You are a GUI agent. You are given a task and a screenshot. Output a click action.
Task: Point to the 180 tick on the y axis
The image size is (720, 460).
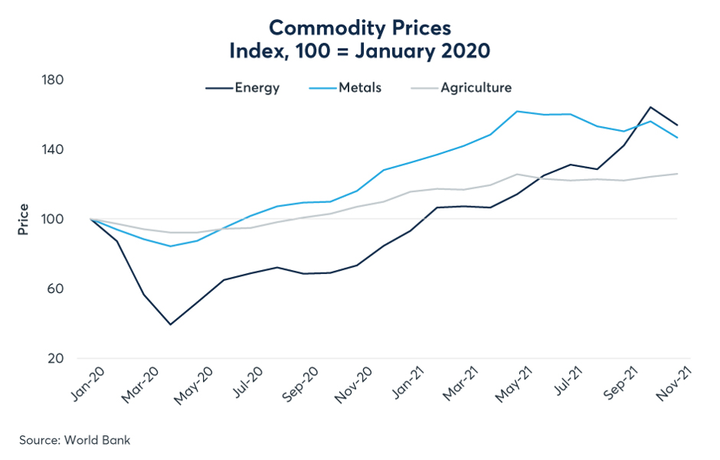(x=53, y=80)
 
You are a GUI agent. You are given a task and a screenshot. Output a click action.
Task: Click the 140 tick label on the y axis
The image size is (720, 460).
(x=53, y=149)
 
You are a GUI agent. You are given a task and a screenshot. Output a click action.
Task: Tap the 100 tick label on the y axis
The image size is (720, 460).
(x=53, y=219)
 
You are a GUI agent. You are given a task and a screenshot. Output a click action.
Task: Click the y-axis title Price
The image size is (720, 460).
(x=23, y=219)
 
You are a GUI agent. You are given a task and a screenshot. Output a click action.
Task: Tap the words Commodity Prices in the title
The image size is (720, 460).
(x=359, y=28)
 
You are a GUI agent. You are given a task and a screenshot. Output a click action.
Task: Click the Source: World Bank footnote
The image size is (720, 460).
(x=75, y=440)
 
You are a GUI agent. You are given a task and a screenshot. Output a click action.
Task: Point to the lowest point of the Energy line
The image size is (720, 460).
(x=170, y=324)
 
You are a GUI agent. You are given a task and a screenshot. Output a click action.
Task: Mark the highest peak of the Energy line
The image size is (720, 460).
(x=650, y=107)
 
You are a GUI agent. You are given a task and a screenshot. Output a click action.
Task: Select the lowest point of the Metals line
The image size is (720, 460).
(x=170, y=246)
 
